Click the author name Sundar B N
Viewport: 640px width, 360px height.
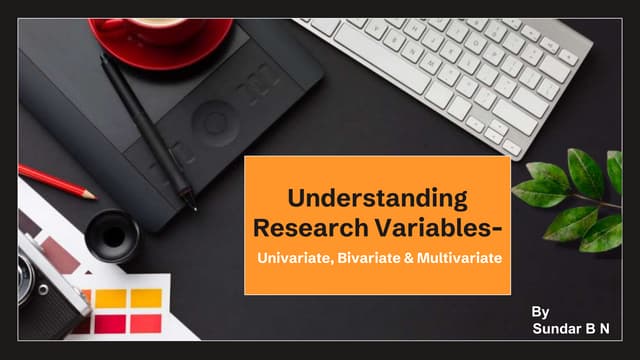[571, 327]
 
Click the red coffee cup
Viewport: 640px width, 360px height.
[160, 15]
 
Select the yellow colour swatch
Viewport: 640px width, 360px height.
[146, 297]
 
